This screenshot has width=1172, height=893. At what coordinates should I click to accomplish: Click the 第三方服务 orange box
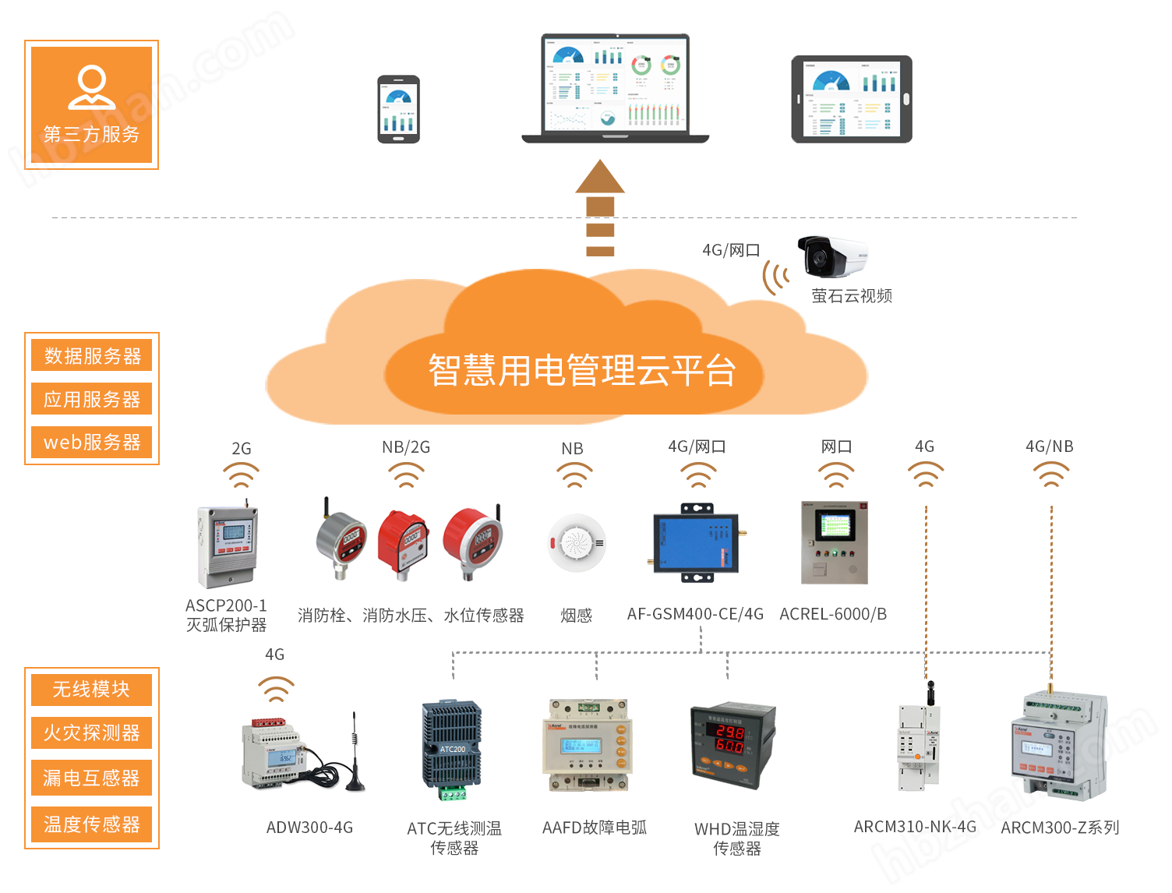(92, 104)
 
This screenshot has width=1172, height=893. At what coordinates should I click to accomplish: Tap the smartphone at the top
(398, 109)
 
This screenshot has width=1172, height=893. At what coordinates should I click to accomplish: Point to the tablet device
(852, 99)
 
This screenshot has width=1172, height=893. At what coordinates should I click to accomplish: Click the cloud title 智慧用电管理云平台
(581, 370)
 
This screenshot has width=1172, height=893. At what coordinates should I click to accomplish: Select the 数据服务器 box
(92, 356)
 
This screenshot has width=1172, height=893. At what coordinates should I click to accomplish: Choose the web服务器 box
(92, 443)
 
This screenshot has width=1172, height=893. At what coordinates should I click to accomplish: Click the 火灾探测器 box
(92, 733)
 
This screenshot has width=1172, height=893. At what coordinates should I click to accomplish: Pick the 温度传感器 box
(92, 824)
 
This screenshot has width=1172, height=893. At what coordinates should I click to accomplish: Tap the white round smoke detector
(577, 543)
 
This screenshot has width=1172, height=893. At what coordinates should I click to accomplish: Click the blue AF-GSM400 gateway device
(696, 543)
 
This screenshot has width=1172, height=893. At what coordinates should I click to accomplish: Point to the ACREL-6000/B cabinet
(835, 542)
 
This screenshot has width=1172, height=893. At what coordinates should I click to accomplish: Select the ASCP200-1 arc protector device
(227, 545)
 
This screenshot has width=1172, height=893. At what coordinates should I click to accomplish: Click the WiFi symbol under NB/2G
(406, 475)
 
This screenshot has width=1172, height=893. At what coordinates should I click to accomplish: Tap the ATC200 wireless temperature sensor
(452, 749)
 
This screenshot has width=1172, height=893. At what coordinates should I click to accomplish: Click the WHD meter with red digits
(732, 745)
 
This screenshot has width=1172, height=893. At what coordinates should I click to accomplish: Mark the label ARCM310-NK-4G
(915, 827)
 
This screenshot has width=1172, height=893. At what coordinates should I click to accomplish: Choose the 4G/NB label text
(1049, 446)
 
